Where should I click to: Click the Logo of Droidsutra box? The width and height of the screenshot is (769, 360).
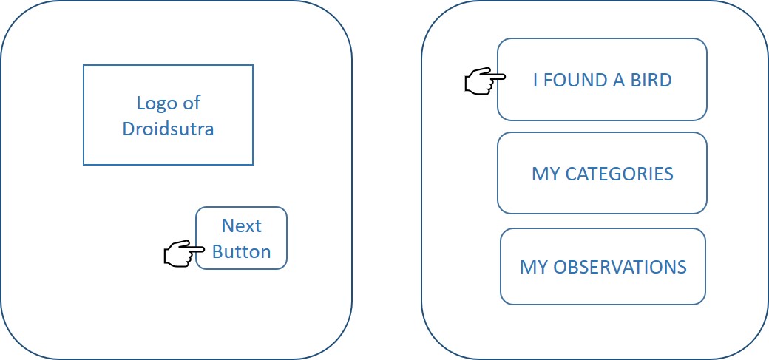tap(168, 115)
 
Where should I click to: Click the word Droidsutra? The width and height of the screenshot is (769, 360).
tap(168, 129)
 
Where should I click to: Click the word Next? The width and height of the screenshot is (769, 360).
tap(242, 225)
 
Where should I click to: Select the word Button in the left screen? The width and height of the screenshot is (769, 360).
tap(242, 251)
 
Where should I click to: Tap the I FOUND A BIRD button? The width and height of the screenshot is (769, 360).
tap(602, 79)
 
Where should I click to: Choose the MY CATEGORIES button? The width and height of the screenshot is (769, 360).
tap(602, 173)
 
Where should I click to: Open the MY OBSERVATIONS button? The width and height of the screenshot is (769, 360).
tap(603, 266)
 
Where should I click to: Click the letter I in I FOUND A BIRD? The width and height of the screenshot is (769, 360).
tap(535, 80)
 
